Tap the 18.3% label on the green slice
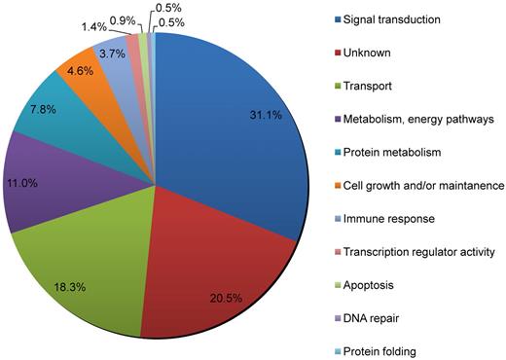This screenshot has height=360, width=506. pyautogui.click(x=79, y=266)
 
